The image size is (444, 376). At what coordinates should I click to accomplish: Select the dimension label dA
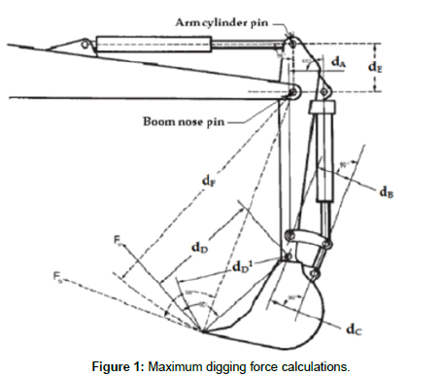point(337,61)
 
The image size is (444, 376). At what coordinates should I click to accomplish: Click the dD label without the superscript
point(197,247)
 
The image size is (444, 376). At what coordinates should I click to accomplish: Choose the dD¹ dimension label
point(243,263)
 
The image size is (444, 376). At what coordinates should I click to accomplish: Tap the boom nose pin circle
point(291,92)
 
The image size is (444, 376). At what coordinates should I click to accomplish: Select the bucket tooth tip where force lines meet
point(201,331)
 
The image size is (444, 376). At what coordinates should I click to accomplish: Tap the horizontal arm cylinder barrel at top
point(155,43)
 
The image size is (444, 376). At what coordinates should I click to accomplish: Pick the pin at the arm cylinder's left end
point(87,42)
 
